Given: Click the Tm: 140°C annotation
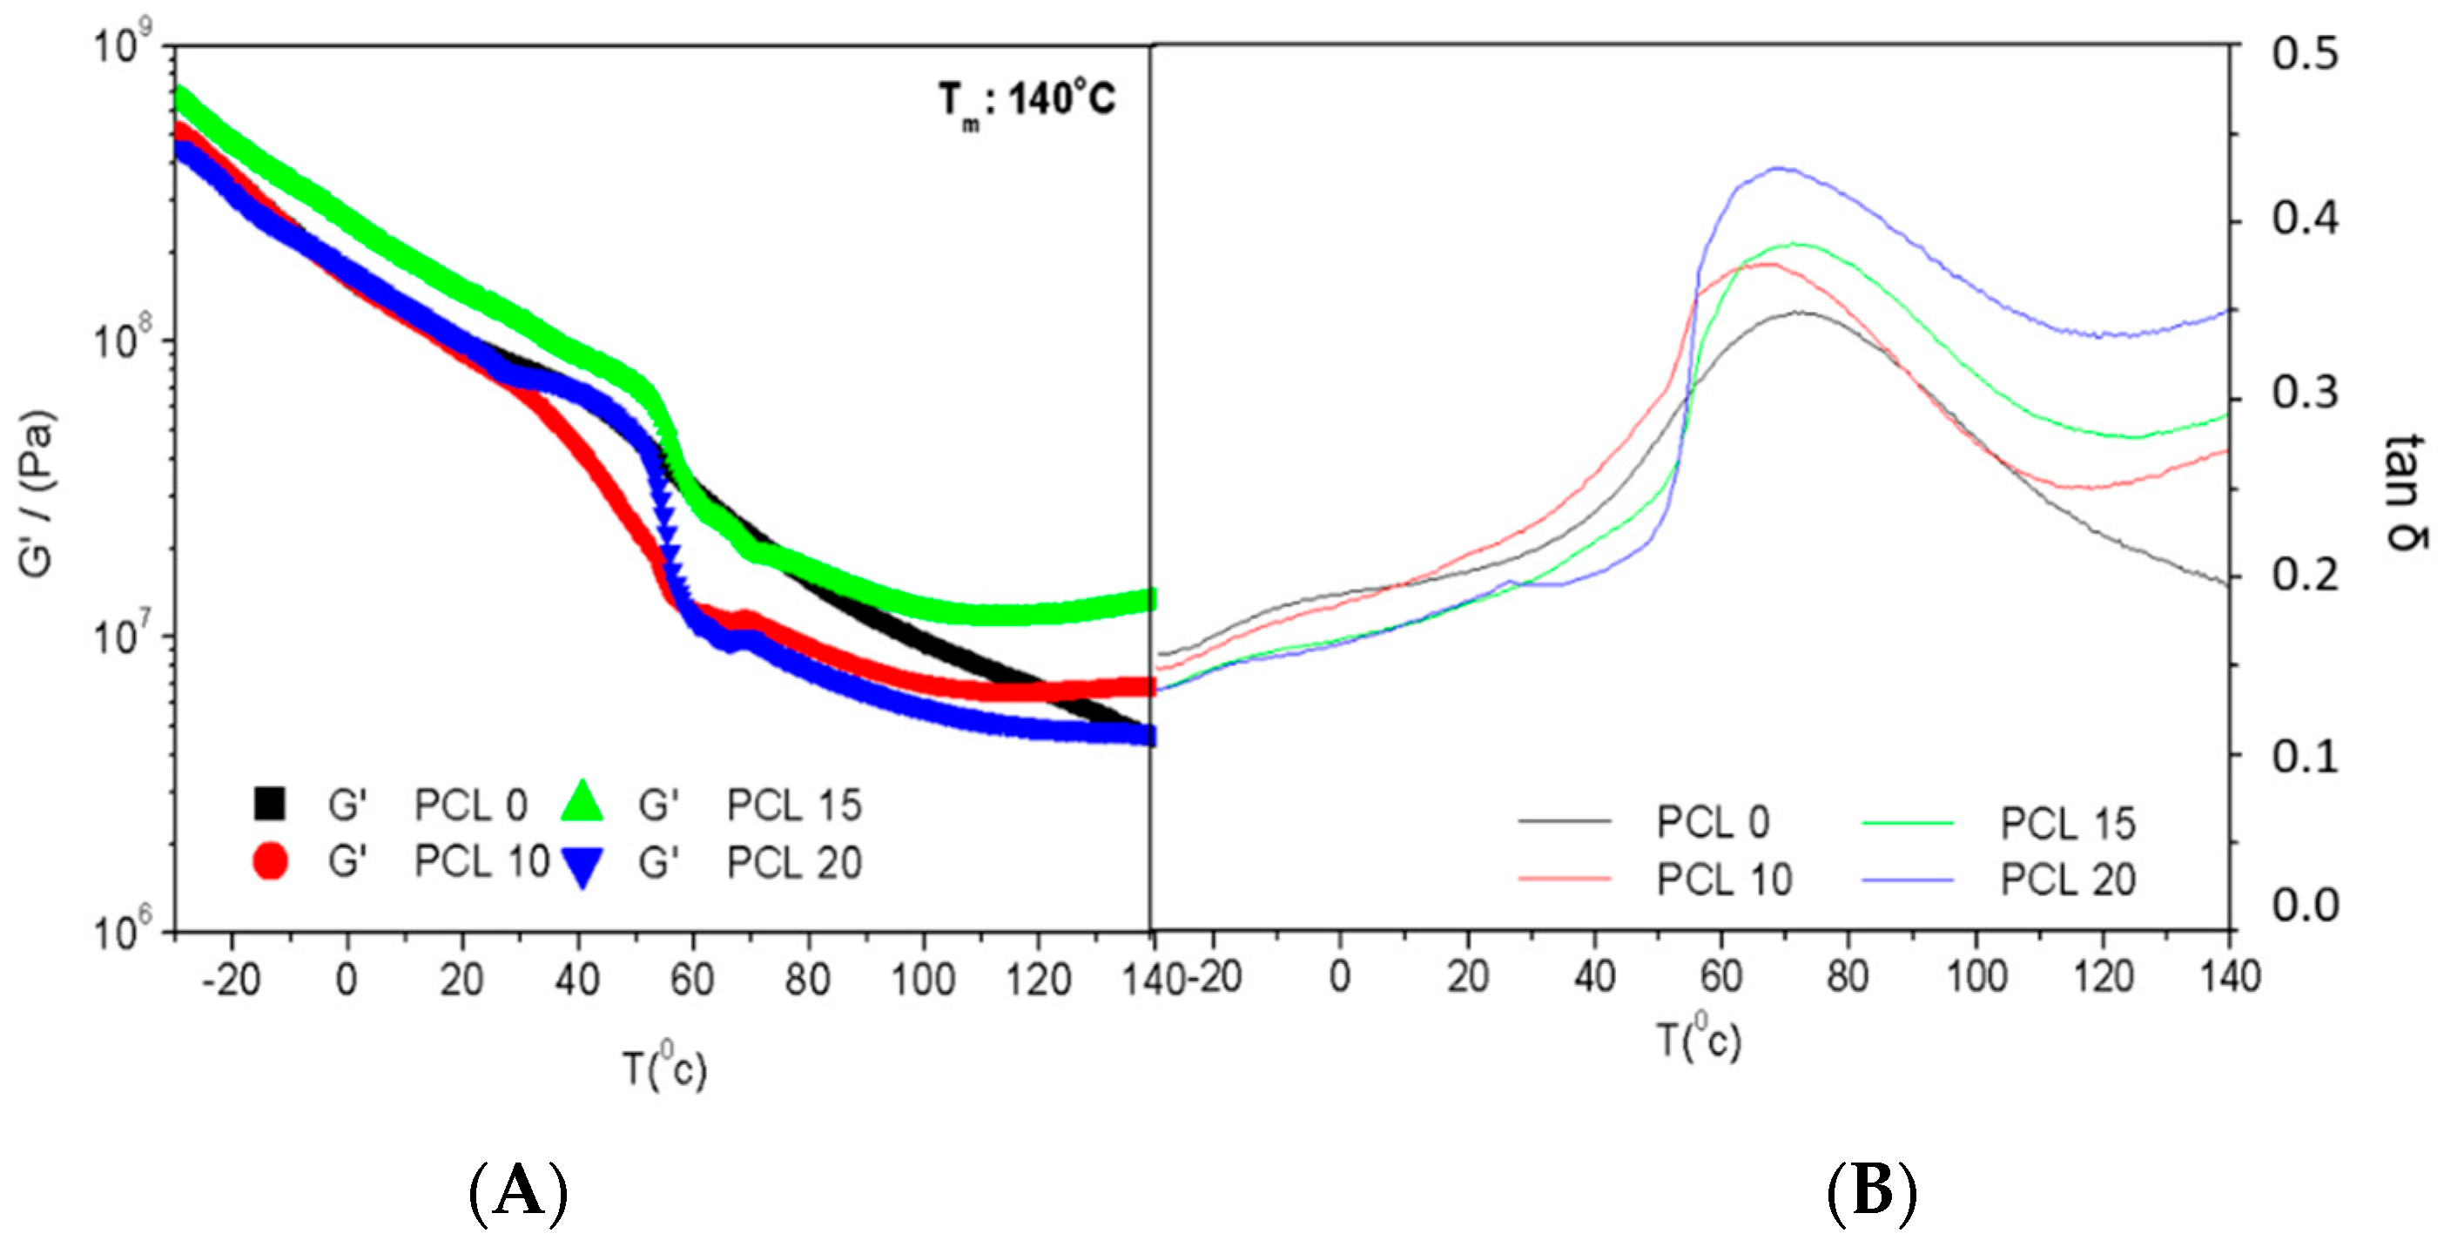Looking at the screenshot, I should click(x=1027, y=102).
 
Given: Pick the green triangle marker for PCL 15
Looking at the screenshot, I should click(x=582, y=802).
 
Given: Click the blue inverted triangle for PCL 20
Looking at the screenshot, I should click(x=582, y=866).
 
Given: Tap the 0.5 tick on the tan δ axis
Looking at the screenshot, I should click(x=2304, y=54).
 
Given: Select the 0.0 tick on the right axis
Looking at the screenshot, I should click(x=2304, y=906).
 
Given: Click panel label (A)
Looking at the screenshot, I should click(x=518, y=1191).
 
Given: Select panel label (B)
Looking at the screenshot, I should click(x=1872, y=1191).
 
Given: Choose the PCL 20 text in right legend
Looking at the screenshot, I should click(x=2067, y=880).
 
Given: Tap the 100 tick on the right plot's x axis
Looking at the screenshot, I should click(x=1976, y=977).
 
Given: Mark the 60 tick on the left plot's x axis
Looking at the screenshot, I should click(x=691, y=981).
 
